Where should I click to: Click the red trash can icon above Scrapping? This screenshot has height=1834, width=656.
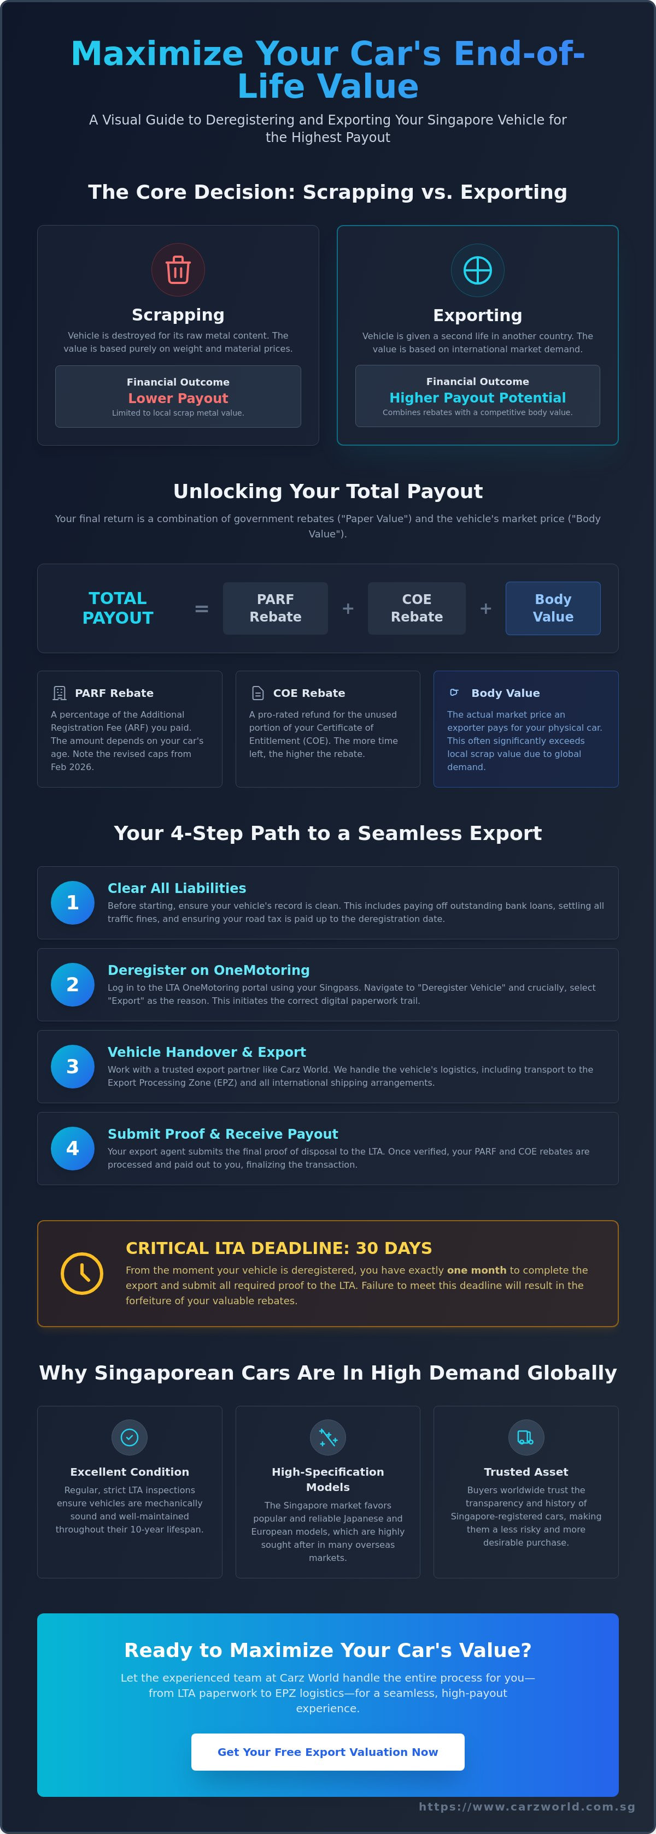coord(178,270)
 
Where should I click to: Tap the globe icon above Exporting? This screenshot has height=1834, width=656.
coord(477,270)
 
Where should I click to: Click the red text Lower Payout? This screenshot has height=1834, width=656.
coord(178,398)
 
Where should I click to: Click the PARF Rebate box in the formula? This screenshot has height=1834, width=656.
coord(276,608)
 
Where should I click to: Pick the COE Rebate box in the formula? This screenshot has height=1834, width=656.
coord(417,608)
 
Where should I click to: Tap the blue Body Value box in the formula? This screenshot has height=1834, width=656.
coord(553,608)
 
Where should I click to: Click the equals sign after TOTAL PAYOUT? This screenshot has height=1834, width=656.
coord(202,609)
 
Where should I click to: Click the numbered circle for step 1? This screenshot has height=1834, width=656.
coord(73,903)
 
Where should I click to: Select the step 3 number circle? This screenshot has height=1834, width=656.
coord(73,1067)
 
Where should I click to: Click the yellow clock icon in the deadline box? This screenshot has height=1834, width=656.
coord(82,1274)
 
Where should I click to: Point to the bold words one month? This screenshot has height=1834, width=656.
coord(477,1270)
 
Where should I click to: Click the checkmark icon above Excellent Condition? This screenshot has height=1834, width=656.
coord(130,1437)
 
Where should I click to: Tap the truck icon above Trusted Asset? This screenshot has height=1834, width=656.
coord(526,1437)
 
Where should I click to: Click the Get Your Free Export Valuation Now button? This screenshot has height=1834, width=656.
coord(327,1752)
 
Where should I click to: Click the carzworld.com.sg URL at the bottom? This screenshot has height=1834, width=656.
coord(526,1806)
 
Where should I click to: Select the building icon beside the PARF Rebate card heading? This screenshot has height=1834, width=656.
coord(60,693)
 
